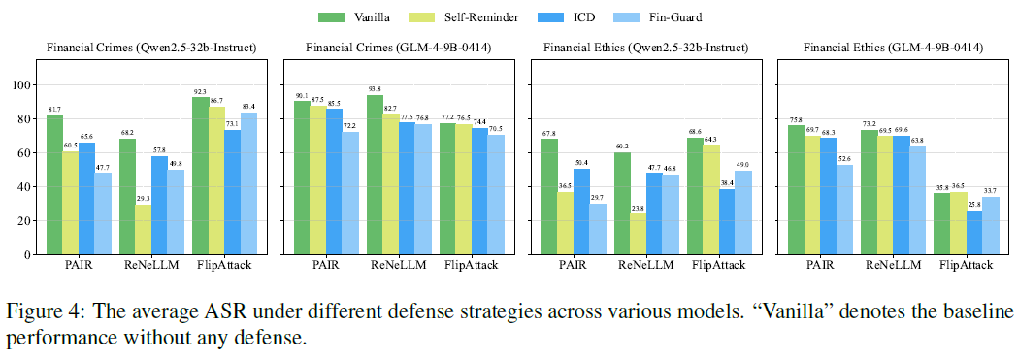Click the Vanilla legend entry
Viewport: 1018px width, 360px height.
pyautogui.click(x=354, y=17)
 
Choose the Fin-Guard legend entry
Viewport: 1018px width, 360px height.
pyautogui.click(x=661, y=17)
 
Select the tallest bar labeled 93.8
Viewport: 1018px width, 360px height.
pyautogui.click(x=375, y=175)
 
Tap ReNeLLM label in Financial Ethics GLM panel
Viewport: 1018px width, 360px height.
pyautogui.click(x=894, y=265)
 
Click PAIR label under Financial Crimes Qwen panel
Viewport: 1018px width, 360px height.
pyautogui.click(x=79, y=265)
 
